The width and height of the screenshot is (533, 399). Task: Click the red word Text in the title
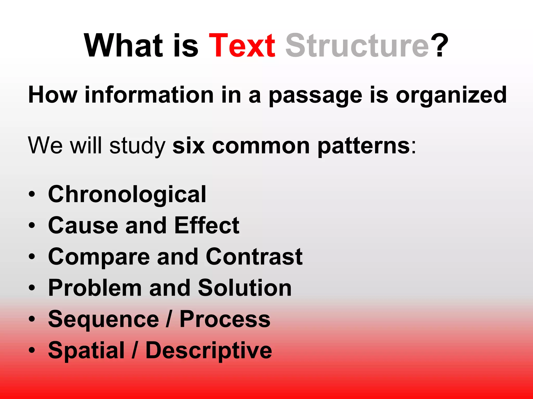242,46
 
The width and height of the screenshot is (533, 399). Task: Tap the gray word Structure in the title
357,46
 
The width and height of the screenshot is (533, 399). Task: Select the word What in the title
124,46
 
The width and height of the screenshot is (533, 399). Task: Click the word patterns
364,146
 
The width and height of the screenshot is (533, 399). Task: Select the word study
137,146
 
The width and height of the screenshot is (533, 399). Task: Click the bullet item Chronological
127,195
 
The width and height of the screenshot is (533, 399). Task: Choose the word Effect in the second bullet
207,225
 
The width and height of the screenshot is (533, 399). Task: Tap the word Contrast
254,257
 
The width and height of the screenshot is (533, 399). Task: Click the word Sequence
104,320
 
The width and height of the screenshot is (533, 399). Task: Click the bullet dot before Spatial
32,350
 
